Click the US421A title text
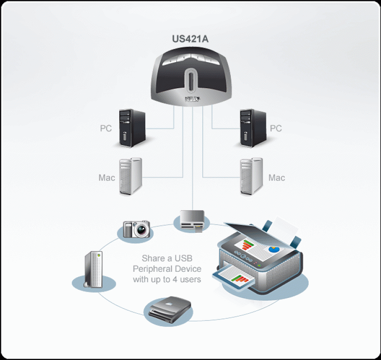[190, 39]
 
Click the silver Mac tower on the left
[130, 176]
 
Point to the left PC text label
[106, 129]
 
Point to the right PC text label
[276, 129]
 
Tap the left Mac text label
[107, 178]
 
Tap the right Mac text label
[277, 178]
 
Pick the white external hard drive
[94, 270]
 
